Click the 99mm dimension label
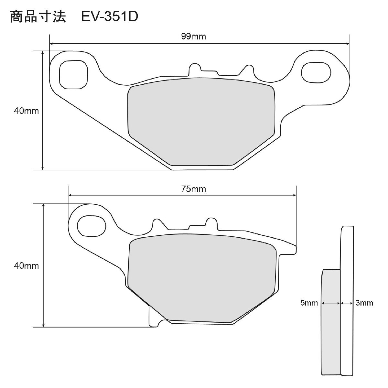pos(193,37)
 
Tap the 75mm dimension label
pos(193,189)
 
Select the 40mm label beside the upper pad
pos(26,111)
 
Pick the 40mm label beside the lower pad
pos(26,266)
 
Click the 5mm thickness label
pos(309,303)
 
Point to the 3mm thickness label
pos(364,303)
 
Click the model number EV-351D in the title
pos(110,17)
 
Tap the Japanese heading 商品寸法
pos(38,16)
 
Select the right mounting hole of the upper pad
pos(316,72)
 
